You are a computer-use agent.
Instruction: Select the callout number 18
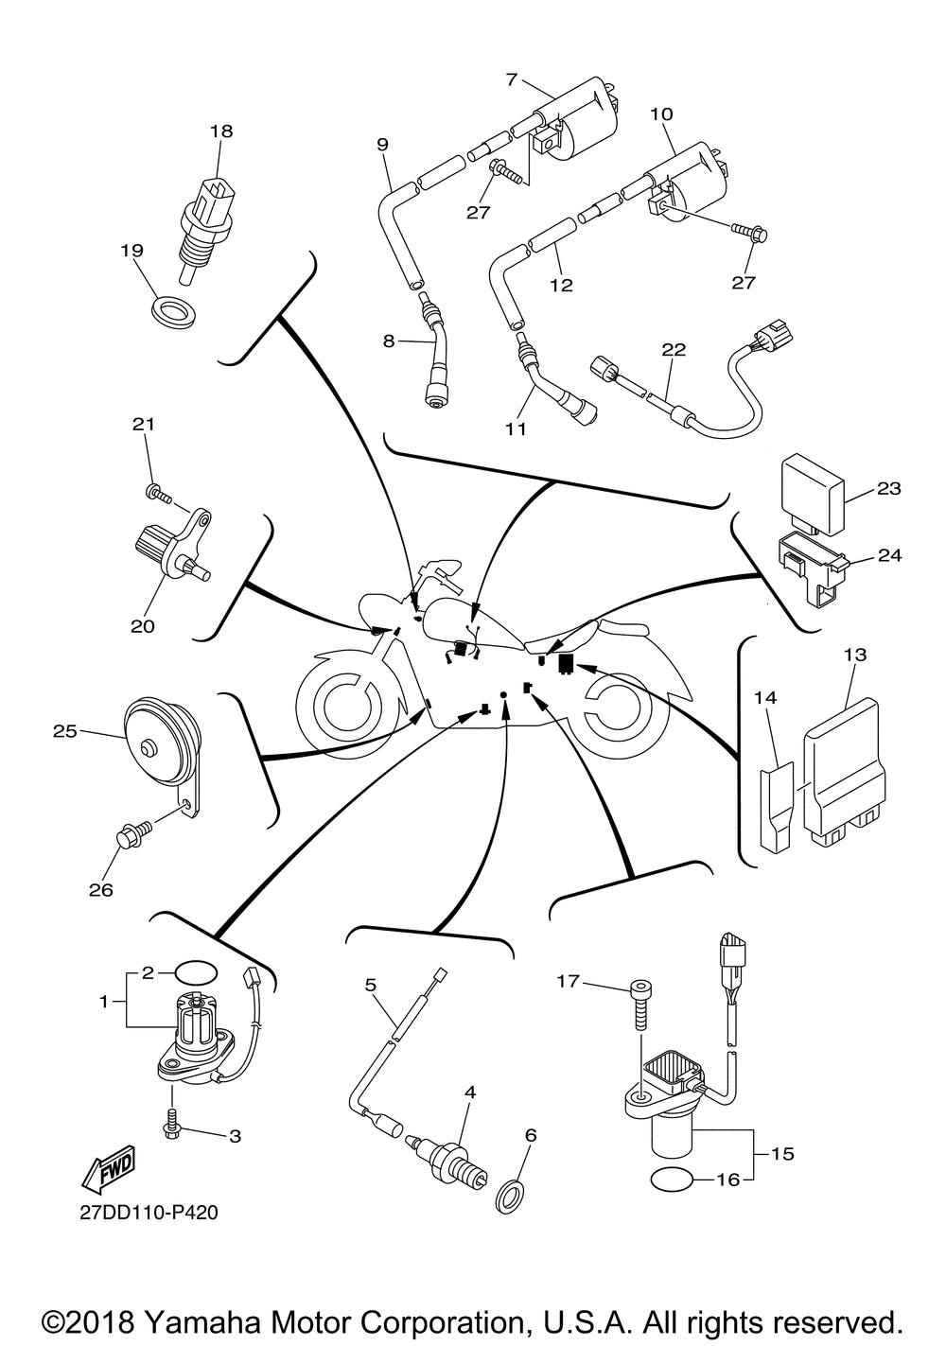coord(220,131)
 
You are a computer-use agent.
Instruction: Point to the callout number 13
coord(855,654)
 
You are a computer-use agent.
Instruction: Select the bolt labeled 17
coord(640,1009)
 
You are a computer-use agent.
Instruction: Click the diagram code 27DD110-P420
coord(149,1213)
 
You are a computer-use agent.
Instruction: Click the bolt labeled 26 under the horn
coord(131,838)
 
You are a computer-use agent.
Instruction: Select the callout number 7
coord(512,79)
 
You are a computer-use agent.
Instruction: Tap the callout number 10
coord(661,114)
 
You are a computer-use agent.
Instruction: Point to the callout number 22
coord(673,348)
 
